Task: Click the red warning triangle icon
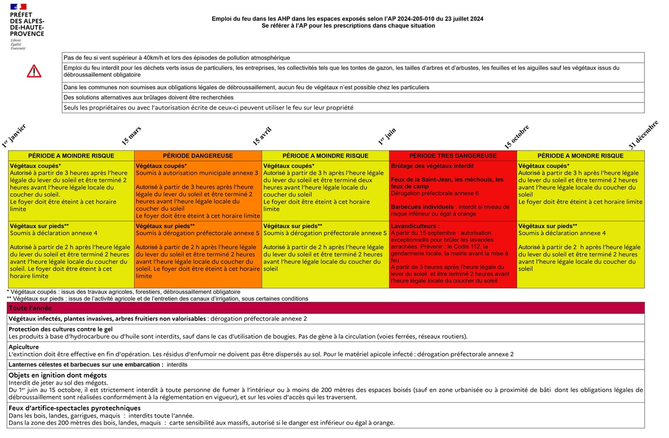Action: [34, 71]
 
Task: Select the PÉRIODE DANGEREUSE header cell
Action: [198, 156]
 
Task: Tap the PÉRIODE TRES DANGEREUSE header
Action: [453, 156]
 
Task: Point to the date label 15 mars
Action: [131, 135]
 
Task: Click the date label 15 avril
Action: [262, 135]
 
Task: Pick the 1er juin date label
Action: [387, 136]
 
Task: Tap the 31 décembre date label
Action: [643, 134]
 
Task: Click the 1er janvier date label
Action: [14, 135]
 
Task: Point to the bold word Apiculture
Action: [24, 346]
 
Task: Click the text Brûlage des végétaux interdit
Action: [425, 166]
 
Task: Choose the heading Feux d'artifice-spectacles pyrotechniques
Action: [74, 408]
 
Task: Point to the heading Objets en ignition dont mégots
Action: [57, 375]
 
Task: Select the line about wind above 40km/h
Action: [177, 57]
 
